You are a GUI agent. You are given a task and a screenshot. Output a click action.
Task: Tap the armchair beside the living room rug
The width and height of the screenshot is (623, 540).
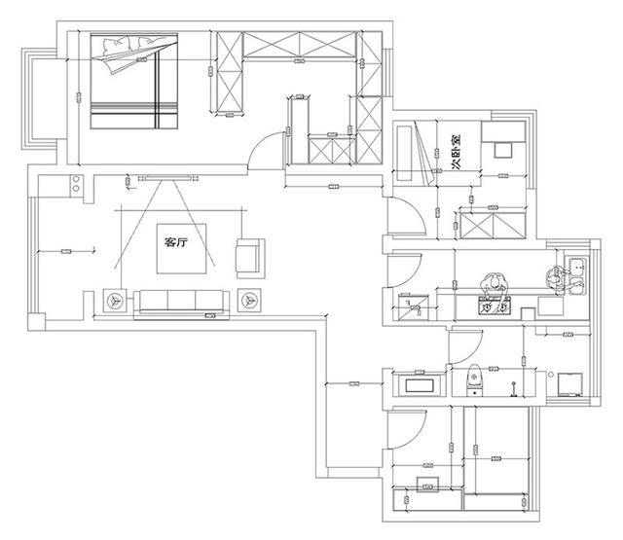249,256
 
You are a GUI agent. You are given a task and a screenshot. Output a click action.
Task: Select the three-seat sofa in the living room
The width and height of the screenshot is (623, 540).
182,301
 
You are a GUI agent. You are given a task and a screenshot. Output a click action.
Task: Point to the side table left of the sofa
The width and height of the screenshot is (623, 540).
116,301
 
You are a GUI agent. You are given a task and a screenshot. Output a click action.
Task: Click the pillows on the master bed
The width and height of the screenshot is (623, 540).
134,47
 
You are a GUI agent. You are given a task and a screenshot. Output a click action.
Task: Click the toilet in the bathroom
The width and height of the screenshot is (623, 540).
474,376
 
